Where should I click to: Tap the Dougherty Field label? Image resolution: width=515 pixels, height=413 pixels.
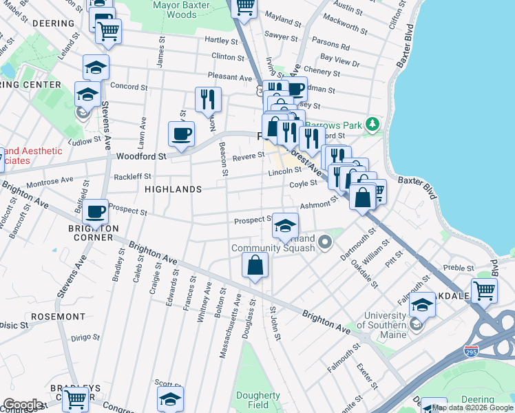click(258, 401)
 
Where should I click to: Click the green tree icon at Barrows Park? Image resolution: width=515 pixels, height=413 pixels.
click(372, 124)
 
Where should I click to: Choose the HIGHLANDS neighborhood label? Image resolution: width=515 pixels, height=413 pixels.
click(173, 189)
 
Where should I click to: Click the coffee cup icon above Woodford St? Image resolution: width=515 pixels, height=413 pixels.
click(182, 134)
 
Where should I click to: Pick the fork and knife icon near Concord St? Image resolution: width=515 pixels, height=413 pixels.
click(208, 98)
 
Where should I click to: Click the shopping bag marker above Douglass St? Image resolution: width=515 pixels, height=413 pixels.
click(255, 264)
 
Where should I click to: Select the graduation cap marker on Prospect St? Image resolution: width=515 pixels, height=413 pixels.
click(285, 225)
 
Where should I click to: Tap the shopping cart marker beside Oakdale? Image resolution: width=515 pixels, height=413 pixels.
click(484, 290)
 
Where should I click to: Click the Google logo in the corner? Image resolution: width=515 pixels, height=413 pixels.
click(22, 405)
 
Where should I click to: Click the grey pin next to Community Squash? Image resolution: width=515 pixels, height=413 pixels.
click(326, 242)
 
